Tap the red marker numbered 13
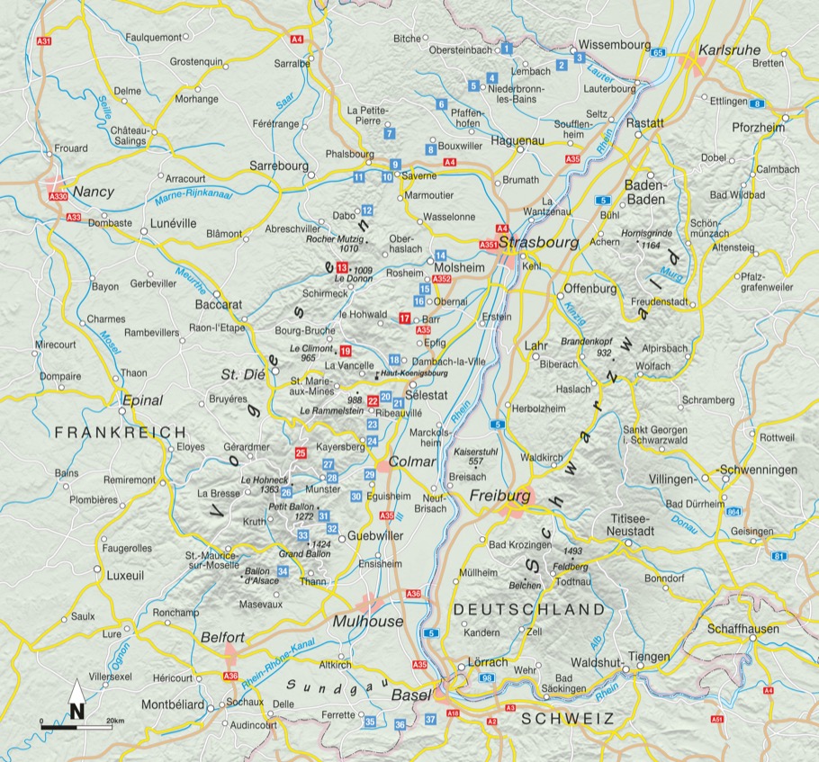coord(341,268)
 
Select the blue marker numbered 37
coord(431,718)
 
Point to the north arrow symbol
coord(77,701)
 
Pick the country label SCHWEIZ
coord(566,718)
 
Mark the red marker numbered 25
coord(301,453)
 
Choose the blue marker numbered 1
coord(507,47)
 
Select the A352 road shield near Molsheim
coord(441,280)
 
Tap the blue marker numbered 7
coord(389,133)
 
